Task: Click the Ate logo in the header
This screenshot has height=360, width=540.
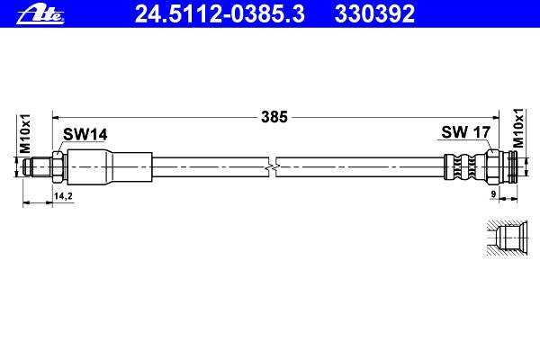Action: click(40, 14)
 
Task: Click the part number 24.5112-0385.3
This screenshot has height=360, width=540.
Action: click(220, 14)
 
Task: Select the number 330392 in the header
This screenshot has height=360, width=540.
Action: click(374, 14)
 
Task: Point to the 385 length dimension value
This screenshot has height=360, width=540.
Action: click(274, 117)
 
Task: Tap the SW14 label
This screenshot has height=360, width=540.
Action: click(85, 134)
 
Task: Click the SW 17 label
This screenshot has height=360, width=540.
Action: click(465, 132)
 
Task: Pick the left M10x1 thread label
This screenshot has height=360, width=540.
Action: click(25, 134)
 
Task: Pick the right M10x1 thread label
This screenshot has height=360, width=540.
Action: click(517, 128)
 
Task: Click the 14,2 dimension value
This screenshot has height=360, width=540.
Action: click(63, 196)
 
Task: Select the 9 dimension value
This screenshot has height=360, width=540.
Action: click(493, 194)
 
